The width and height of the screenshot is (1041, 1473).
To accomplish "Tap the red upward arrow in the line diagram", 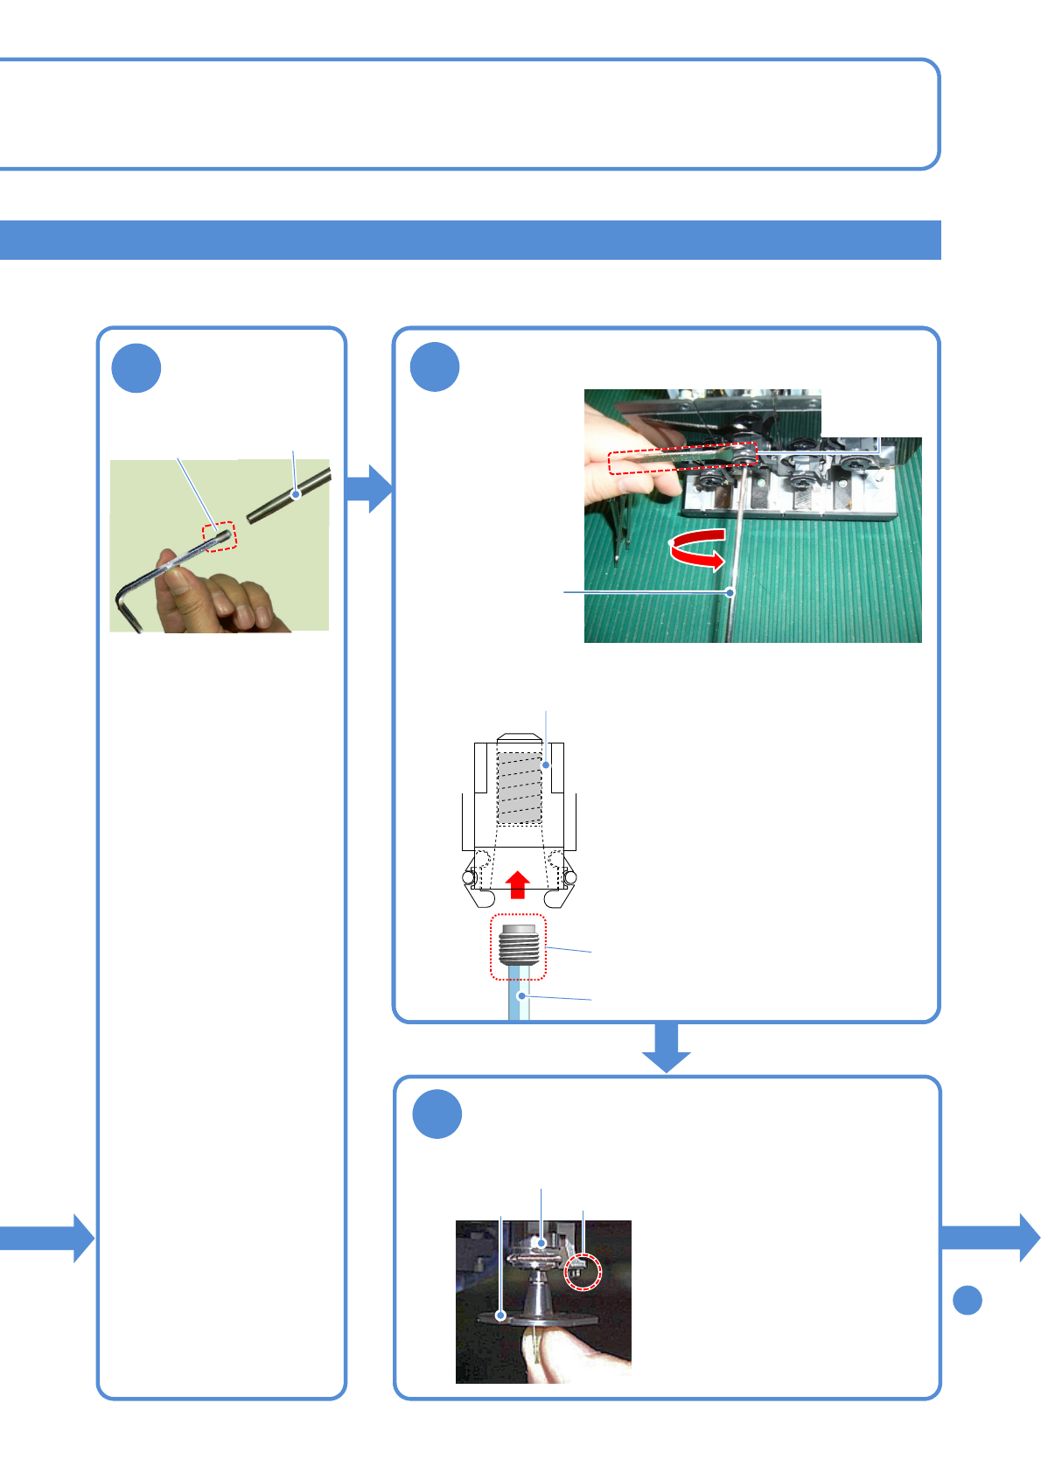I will (518, 884).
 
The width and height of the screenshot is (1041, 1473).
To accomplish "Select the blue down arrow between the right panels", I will (667, 1046).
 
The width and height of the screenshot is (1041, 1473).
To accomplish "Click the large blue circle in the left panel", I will (136, 368).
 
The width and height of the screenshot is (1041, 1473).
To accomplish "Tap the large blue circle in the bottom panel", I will (437, 1114).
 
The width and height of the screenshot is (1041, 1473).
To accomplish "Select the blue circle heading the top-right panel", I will (435, 367).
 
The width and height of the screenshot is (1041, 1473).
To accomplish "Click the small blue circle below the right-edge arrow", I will (967, 1300).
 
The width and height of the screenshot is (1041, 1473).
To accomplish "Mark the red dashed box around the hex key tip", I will (220, 536).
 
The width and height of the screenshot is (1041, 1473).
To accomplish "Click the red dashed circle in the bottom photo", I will (583, 1270).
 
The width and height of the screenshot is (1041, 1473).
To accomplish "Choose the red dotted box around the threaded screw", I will (518, 947).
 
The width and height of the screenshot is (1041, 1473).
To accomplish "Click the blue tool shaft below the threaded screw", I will (519, 1001).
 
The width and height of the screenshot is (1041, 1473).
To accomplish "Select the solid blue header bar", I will (470, 241).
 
